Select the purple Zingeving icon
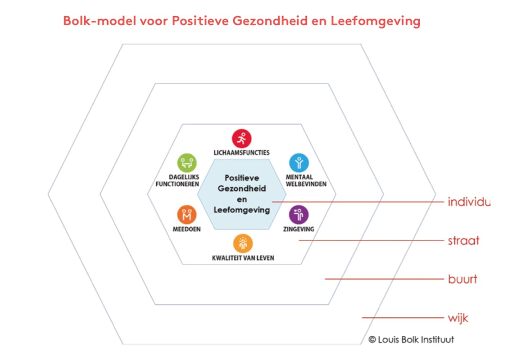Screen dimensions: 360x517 point(299,215)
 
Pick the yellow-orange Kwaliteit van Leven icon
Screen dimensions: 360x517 point(243,243)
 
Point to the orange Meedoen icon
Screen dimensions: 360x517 point(187,215)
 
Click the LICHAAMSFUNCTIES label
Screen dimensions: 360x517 point(242,153)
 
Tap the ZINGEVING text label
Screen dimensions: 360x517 point(299,229)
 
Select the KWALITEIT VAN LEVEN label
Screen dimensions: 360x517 point(243,258)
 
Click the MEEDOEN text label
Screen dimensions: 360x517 point(187,229)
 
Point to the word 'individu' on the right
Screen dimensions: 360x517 point(468,202)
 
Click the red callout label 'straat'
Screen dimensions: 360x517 point(463,240)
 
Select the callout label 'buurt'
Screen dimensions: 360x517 point(463,279)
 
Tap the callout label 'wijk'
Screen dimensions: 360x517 point(458,318)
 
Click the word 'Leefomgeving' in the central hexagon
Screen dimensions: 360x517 point(242,210)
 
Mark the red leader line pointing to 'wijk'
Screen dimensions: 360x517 point(403,318)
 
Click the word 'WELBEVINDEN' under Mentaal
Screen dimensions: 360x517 point(306,184)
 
